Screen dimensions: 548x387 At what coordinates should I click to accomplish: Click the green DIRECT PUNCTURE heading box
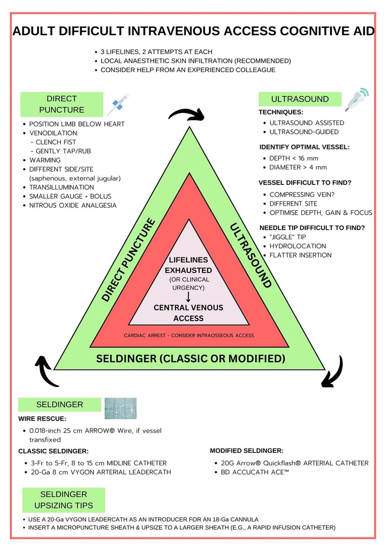click(62, 104)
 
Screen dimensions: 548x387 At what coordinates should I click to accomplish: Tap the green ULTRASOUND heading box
click(300, 99)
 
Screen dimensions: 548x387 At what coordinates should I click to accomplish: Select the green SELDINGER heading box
click(59, 405)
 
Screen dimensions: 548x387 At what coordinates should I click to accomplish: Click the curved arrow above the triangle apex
click(186, 114)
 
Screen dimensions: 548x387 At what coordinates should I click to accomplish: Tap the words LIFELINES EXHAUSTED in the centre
click(188, 265)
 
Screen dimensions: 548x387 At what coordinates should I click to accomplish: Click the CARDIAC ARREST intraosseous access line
click(188, 335)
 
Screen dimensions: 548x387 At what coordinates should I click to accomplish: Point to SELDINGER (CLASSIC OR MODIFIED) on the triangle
click(190, 358)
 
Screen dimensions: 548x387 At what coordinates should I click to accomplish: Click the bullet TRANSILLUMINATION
click(62, 187)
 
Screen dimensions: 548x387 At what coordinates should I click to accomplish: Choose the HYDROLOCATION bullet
click(297, 246)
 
